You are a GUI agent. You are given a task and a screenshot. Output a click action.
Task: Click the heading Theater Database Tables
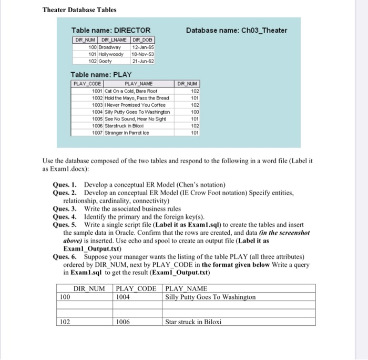tap(79, 9)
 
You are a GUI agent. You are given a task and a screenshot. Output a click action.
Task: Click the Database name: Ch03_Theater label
tap(237, 30)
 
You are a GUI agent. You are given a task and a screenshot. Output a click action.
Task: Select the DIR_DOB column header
tap(143, 40)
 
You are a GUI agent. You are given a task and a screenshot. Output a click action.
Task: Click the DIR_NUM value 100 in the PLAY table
tap(195, 111)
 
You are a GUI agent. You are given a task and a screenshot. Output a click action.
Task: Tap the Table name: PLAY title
tap(101, 75)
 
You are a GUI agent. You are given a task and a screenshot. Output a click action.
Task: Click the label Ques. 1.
tap(66, 185)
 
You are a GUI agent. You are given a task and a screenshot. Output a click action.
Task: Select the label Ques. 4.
tap(66, 216)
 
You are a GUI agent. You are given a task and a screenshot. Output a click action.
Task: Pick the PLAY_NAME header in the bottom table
tap(186, 288)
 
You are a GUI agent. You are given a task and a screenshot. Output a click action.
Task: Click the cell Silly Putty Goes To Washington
tap(210, 297)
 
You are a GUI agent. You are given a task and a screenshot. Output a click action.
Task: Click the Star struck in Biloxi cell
tap(193, 322)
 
